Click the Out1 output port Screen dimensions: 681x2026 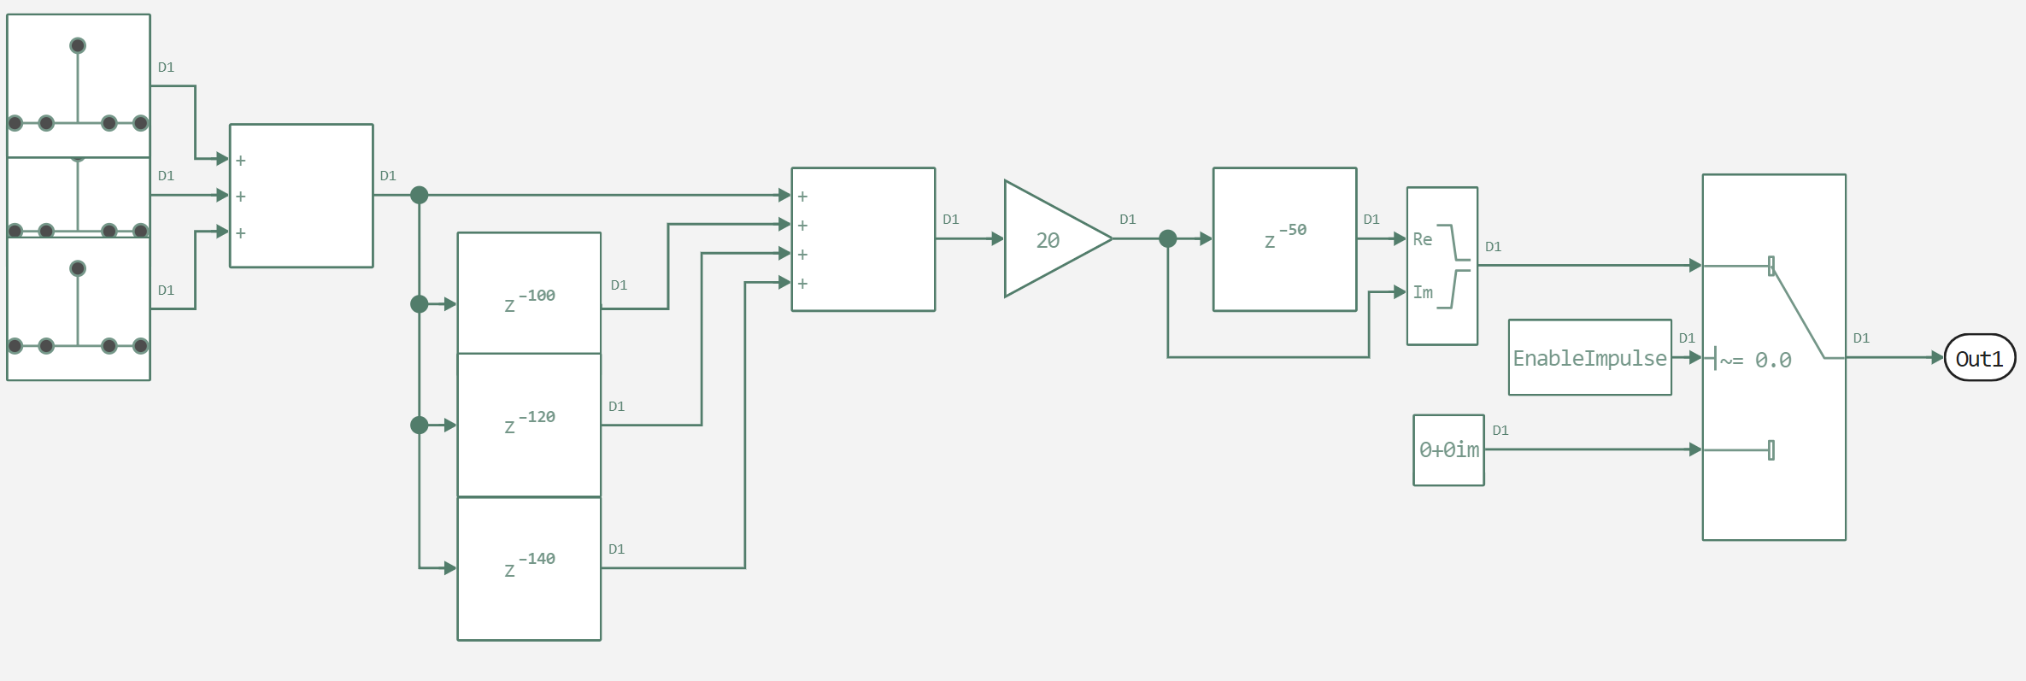coord(1980,358)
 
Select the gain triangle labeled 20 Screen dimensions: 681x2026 coord(1051,240)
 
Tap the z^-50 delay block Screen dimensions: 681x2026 coord(1284,239)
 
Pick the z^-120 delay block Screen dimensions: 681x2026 coord(529,424)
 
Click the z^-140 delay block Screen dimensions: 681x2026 coord(529,567)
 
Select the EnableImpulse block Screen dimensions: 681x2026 coord(1589,358)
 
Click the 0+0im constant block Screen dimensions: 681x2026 coord(1448,449)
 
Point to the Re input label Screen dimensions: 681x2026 coord(1422,240)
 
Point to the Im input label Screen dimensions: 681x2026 coord(1422,293)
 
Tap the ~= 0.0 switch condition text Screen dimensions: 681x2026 coord(1755,361)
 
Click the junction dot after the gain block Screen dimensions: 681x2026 coord(1167,239)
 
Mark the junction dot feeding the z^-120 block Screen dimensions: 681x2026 coord(419,425)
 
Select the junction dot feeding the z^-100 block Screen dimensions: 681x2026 coord(419,304)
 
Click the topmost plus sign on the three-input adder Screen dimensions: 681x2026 coord(241,161)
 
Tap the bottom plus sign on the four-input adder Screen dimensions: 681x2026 coord(802,284)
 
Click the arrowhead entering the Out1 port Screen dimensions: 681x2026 coord(1937,358)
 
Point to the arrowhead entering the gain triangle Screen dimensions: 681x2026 coord(997,239)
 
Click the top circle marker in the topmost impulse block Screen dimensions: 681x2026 coord(78,45)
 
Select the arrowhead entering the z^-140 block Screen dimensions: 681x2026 coord(450,568)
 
